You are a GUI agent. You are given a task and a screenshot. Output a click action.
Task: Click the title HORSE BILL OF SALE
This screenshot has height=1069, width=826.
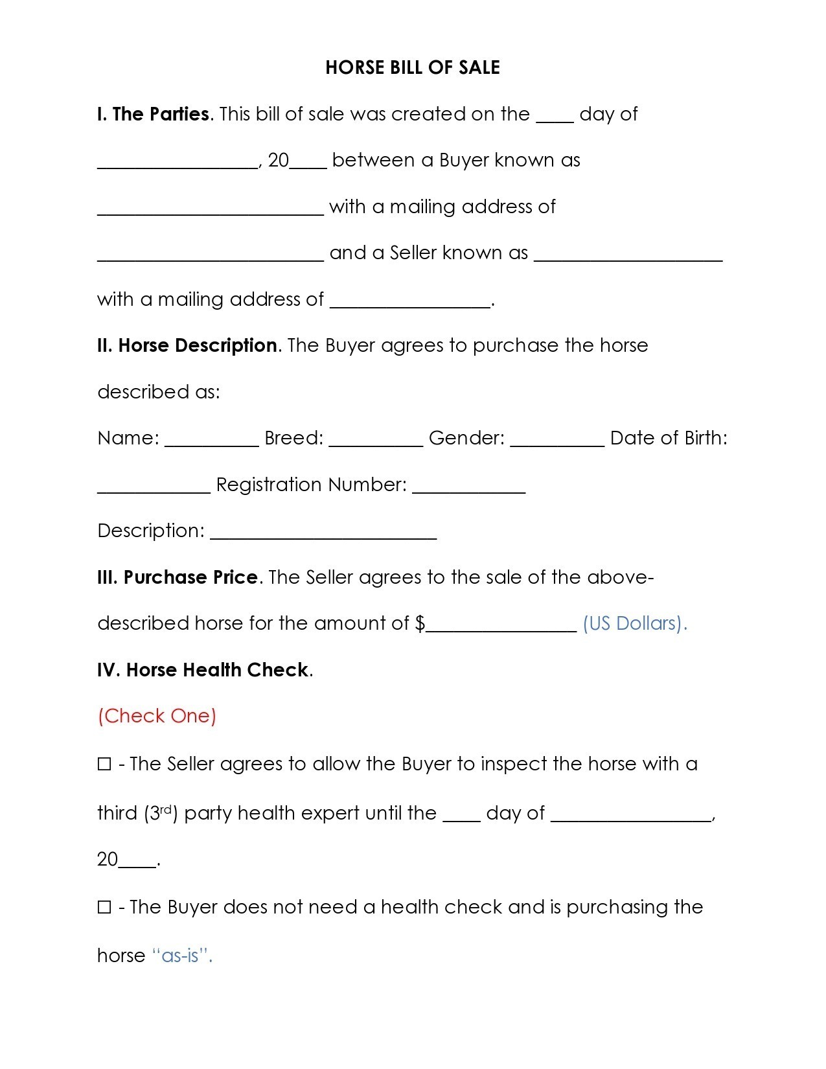click(413, 68)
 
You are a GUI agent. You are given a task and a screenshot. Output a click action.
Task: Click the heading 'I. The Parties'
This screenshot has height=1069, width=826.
click(153, 115)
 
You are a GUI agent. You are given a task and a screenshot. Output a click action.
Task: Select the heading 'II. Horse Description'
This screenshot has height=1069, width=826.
click(187, 346)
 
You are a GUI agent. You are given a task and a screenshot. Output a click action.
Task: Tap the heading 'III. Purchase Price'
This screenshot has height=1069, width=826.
click(178, 577)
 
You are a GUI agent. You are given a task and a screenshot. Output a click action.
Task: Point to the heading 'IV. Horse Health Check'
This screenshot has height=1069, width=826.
click(203, 670)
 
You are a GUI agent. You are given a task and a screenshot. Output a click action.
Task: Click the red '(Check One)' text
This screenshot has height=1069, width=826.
click(157, 716)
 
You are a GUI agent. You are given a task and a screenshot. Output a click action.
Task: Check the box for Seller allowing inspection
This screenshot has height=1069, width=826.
click(104, 764)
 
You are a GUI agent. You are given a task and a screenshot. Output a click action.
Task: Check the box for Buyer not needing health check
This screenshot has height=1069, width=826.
click(104, 907)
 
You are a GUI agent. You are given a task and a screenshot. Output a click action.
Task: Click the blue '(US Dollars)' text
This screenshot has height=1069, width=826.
click(634, 623)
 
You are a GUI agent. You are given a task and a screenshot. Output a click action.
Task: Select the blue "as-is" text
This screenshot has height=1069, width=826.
click(182, 956)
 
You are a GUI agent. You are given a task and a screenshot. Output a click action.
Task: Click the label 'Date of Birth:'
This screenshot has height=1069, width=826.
click(669, 439)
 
